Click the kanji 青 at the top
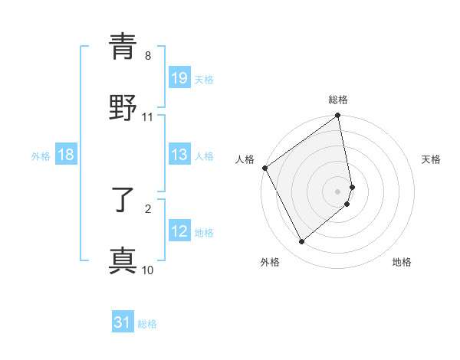[x=123, y=47]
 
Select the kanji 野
[x=123, y=108]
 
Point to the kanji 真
[x=123, y=261]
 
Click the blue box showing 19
[x=179, y=77]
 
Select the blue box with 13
[x=179, y=155]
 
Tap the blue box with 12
[x=179, y=231]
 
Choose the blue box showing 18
[x=66, y=155]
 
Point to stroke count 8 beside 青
[x=148, y=56]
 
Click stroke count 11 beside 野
[x=148, y=117]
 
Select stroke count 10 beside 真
[x=148, y=270]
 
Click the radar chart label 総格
[x=338, y=100]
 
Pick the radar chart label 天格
[x=431, y=159]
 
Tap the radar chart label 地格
[x=402, y=262]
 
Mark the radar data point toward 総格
[x=338, y=116]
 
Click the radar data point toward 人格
[x=264, y=168]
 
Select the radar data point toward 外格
[x=302, y=242]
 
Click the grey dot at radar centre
[x=338, y=191]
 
